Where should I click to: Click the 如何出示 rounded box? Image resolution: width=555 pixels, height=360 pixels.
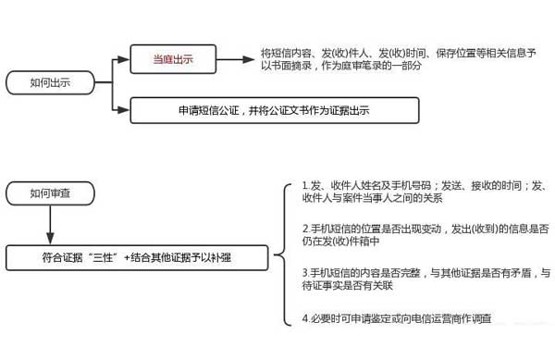point(51,83)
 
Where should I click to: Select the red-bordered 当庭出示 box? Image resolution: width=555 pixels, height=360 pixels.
point(173,61)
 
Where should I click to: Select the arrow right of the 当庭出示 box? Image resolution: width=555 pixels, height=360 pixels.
point(240,61)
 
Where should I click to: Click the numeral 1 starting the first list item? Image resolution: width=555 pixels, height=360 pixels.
point(305,186)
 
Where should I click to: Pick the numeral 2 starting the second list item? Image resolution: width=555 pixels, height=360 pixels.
point(305,228)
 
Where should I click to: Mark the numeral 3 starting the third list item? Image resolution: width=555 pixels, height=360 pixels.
point(305,273)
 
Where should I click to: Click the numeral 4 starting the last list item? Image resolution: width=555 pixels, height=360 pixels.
point(305,319)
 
